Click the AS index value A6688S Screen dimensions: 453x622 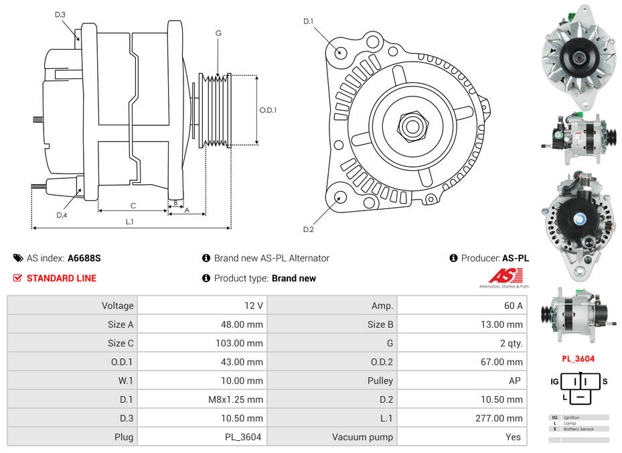pos(84,258)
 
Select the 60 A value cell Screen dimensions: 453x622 pos(513,306)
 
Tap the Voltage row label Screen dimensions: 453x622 pos(117,306)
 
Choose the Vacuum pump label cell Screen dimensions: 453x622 pos(362,437)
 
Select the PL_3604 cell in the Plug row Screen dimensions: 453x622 pos(246,437)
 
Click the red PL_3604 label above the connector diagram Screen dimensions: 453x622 pos(578,359)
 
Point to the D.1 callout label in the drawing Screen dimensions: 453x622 pos(308,21)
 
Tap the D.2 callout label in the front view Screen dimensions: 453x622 pos(308,230)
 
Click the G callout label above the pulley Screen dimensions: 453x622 pos(218,33)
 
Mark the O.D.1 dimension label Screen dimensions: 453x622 pos(268,111)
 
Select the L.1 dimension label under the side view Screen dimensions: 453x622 pos(129,222)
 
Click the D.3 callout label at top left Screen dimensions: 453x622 pos(60,14)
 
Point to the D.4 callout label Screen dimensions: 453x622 pos(62,215)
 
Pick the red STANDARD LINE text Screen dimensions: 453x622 pos(62,278)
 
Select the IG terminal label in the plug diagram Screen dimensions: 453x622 pos(554,382)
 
